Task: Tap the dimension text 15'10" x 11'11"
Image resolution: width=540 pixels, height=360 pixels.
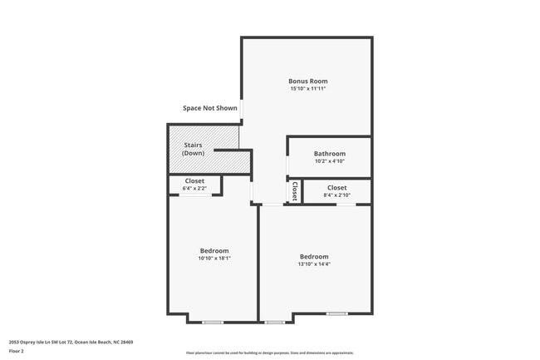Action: pyautogui.click(x=307, y=88)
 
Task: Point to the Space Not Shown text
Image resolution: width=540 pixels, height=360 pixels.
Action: pyautogui.click(x=210, y=108)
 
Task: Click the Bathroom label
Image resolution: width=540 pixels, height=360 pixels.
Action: pyautogui.click(x=329, y=153)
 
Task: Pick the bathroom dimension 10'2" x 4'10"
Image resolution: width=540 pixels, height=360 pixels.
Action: pyautogui.click(x=329, y=160)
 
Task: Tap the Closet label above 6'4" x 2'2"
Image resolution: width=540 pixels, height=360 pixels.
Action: pyautogui.click(x=194, y=180)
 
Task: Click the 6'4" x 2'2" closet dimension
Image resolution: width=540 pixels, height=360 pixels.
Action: pyautogui.click(x=194, y=188)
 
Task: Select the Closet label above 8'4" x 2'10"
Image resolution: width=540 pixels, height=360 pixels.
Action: pyautogui.click(x=336, y=188)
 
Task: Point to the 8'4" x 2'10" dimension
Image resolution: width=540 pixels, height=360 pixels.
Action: pyautogui.click(x=336, y=195)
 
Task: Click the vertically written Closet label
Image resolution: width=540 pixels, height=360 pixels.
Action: pyautogui.click(x=294, y=191)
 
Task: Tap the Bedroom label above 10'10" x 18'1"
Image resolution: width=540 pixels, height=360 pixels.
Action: pyautogui.click(x=214, y=250)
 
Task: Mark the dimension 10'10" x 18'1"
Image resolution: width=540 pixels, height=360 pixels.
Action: pyautogui.click(x=214, y=258)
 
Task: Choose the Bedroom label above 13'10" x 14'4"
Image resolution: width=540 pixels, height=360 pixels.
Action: pyautogui.click(x=314, y=256)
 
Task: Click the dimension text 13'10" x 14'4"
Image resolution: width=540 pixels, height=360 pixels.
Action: pyautogui.click(x=314, y=264)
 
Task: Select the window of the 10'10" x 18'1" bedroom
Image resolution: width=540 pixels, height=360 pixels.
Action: pyautogui.click(x=213, y=322)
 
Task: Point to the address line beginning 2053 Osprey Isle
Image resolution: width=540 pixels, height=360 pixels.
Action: pyautogui.click(x=71, y=342)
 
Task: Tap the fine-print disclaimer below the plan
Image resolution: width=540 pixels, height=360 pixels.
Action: pyautogui.click(x=269, y=353)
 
